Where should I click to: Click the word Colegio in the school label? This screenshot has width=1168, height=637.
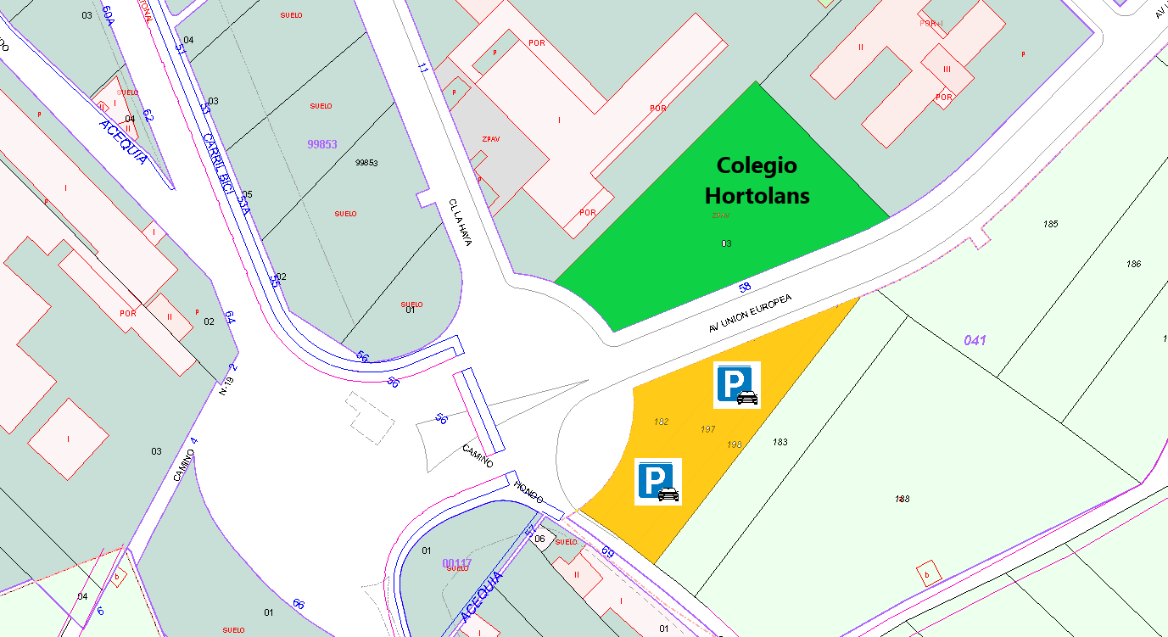[x=756, y=165]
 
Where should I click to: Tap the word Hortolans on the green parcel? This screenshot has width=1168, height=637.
[x=757, y=196]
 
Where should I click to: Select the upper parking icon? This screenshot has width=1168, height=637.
[x=736, y=384]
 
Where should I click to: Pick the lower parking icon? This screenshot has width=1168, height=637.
[x=657, y=481]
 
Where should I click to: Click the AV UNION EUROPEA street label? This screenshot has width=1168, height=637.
[x=751, y=314]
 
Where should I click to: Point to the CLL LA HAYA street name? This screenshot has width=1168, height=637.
[x=460, y=222]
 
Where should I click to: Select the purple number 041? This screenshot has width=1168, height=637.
[x=975, y=340]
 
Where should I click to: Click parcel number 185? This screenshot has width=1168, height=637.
[x=1051, y=224]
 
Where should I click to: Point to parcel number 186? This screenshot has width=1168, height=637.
[x=1133, y=264]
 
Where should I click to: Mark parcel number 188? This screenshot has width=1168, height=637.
[x=902, y=499]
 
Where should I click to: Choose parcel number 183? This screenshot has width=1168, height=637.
[x=780, y=442]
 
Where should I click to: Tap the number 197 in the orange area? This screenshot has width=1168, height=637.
[x=708, y=429]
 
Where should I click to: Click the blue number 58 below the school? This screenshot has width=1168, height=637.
[x=745, y=288]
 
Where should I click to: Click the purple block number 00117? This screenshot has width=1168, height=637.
[x=456, y=563]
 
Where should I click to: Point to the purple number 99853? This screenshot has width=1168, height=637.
[x=322, y=144]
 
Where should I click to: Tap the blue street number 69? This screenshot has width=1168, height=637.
[x=607, y=552]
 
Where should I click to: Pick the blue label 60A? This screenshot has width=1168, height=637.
[x=108, y=15]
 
